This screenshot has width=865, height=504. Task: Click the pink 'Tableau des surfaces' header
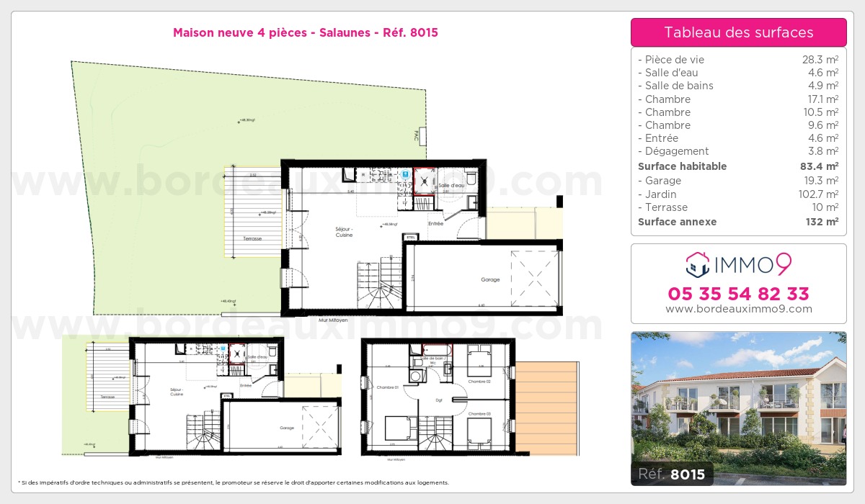(738, 32)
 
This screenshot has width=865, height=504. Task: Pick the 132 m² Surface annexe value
(821, 222)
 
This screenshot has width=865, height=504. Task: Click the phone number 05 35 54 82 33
(738, 294)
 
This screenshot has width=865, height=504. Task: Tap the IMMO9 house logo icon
(696, 265)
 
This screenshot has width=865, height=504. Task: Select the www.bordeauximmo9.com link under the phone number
(738, 309)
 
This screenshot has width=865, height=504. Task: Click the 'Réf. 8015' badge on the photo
(671, 474)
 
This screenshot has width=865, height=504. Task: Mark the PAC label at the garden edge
(416, 135)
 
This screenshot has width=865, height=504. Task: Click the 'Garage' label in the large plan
(490, 279)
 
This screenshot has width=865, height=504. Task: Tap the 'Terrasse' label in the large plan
(252, 238)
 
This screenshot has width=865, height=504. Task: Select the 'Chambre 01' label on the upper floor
(386, 387)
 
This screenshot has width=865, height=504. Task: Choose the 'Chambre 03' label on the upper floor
(479, 414)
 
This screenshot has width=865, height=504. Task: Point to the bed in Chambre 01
(396, 428)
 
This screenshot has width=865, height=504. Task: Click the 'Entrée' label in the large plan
(435, 224)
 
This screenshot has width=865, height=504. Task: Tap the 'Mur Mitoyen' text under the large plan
(333, 319)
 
